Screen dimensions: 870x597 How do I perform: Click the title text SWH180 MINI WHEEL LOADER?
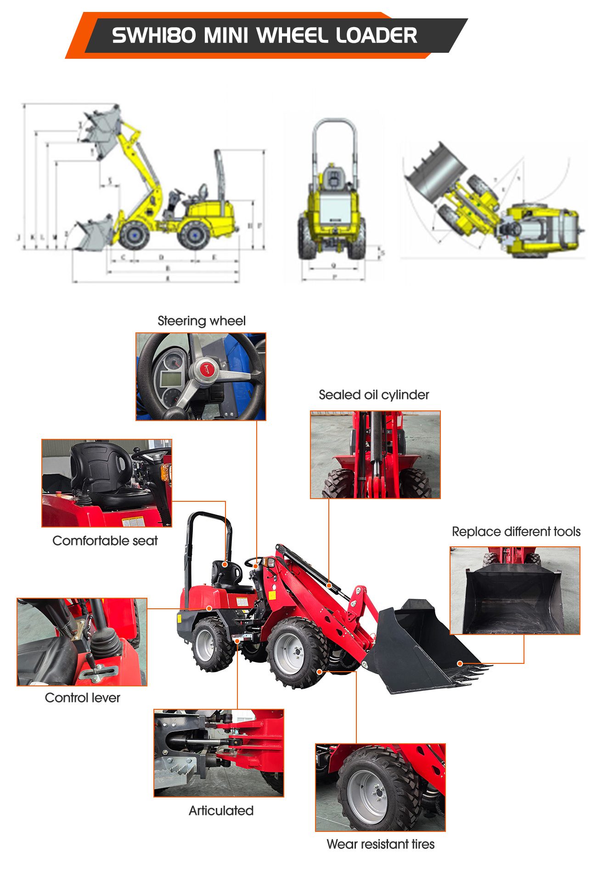[264, 35]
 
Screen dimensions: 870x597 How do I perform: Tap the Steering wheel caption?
[201, 321]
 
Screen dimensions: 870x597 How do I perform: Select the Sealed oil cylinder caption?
[373, 395]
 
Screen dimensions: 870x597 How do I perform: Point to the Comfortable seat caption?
[105, 541]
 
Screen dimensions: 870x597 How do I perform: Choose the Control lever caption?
[82, 698]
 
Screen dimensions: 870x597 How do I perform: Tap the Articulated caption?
[221, 811]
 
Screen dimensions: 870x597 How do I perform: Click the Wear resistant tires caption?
[380, 844]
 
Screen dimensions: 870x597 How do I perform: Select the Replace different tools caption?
[516, 532]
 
